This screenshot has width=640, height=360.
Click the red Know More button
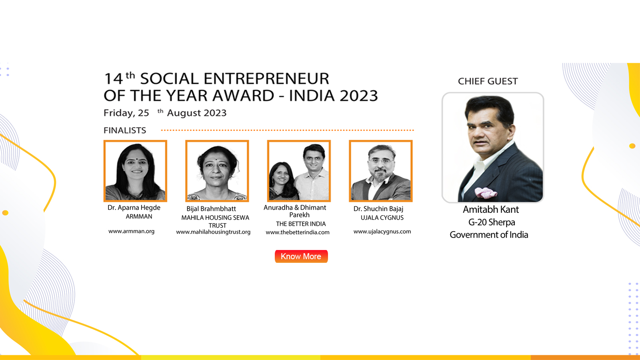pyautogui.click(x=301, y=256)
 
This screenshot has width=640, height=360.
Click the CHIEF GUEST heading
pyautogui.click(x=488, y=82)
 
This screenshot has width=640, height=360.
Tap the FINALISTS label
pyautogui.click(x=125, y=130)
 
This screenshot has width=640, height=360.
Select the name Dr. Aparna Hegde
pyautogui.click(x=134, y=208)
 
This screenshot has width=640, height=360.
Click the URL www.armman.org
pyautogui.click(x=132, y=231)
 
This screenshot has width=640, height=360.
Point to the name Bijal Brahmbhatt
pyautogui.click(x=211, y=209)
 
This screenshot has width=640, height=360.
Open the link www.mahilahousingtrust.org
pyautogui.click(x=213, y=232)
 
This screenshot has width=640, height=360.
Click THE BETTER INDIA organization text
pyautogui.click(x=301, y=224)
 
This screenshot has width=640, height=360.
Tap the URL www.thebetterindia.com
pyautogui.click(x=298, y=232)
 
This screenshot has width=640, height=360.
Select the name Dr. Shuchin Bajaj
pyautogui.click(x=378, y=209)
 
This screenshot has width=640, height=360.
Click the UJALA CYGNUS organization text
pyautogui.click(x=382, y=218)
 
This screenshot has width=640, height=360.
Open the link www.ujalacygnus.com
pyautogui.click(x=382, y=232)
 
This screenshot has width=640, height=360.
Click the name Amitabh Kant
pyautogui.click(x=491, y=210)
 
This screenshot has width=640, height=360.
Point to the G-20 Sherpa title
pyautogui.click(x=492, y=222)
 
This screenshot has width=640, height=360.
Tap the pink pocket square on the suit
pyautogui.click(x=486, y=193)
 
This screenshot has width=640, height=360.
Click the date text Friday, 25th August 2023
pyautogui.click(x=165, y=113)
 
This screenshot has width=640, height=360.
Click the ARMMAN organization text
pyautogui.click(x=139, y=216)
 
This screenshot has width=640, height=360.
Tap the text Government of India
pyautogui.click(x=489, y=235)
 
